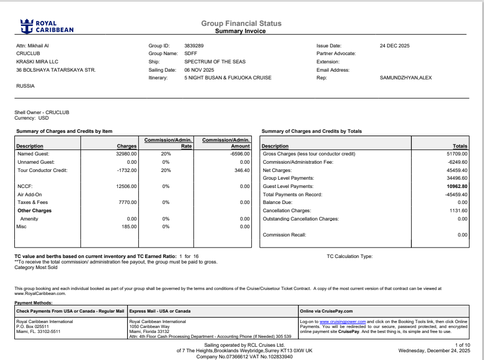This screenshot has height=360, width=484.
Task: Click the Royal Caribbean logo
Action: click(x=47, y=26)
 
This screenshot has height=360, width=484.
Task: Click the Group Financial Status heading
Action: click(x=241, y=23)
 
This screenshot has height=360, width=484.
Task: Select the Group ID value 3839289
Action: click(x=194, y=46)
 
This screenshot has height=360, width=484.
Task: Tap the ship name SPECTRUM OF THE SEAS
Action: click(x=214, y=62)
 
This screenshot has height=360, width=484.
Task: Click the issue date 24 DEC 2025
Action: click(x=394, y=46)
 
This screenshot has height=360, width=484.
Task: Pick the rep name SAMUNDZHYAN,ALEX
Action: click(x=406, y=78)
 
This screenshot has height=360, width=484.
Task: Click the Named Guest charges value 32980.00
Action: click(x=125, y=154)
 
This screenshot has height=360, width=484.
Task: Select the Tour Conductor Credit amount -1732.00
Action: click(x=125, y=170)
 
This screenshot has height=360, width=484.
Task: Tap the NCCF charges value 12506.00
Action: click(x=125, y=186)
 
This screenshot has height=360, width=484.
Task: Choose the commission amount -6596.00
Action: click(x=239, y=154)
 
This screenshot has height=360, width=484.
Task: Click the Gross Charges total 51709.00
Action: click(x=456, y=154)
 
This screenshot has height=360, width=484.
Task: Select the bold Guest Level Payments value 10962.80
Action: click(x=456, y=186)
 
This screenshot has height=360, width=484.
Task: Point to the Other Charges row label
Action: click(x=34, y=211)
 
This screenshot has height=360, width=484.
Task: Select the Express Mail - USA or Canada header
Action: click(x=159, y=311)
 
